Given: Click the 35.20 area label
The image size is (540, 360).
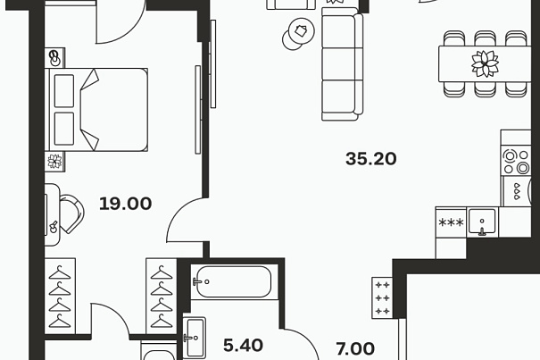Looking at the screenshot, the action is (x=371, y=159).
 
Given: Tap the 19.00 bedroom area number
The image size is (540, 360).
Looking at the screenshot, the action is (x=125, y=204).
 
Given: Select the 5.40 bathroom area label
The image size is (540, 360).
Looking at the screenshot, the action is (x=243, y=345).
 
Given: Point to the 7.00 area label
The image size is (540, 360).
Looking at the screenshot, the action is (x=355, y=348).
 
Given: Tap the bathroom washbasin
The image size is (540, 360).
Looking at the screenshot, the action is (x=195, y=338).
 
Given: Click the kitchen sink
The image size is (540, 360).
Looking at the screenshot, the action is (x=482, y=222).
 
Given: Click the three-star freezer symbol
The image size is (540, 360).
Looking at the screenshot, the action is (x=451, y=222).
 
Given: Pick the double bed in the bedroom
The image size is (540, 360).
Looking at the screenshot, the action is (x=96, y=110).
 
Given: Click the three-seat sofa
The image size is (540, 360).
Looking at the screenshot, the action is (x=343, y=63).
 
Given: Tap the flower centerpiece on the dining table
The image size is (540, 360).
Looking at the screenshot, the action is (x=485, y=63).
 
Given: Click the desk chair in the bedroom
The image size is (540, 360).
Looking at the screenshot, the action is (x=71, y=213).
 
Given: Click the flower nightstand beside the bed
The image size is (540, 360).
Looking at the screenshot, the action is (x=54, y=162).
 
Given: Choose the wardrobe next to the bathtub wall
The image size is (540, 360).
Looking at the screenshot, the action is (x=162, y=297).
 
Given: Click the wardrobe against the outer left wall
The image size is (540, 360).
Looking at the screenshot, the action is (x=60, y=297).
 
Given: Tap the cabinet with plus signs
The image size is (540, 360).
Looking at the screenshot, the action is (x=382, y=297).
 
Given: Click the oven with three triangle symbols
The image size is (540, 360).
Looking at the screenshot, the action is (x=517, y=191).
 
